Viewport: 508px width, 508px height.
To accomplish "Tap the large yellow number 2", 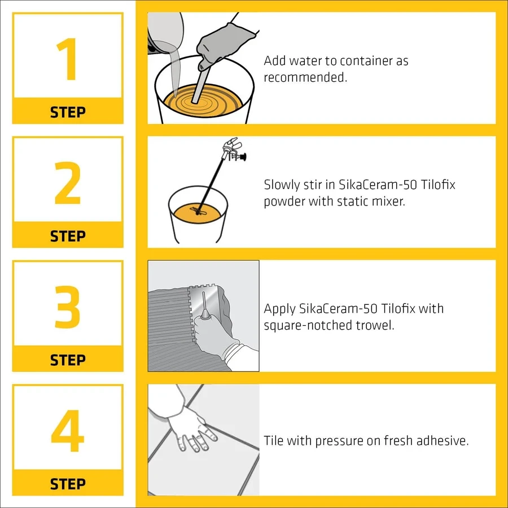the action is point(67,183).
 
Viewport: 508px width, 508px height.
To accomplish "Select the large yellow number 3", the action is point(67,307).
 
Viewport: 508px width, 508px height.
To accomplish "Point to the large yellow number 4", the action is point(67,431).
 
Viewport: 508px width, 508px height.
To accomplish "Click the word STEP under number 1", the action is point(68,112).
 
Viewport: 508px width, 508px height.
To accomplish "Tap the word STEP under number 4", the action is point(68,484).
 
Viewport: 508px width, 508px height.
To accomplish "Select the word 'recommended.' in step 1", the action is point(305,77).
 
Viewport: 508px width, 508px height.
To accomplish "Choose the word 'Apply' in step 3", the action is point(279,309).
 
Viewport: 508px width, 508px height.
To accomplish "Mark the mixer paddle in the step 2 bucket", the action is point(198,211).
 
